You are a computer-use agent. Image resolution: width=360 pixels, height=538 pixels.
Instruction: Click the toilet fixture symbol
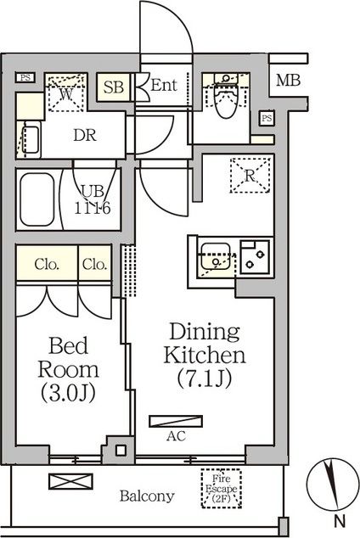point(226,95)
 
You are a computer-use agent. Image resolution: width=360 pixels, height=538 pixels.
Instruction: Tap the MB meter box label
point(289,81)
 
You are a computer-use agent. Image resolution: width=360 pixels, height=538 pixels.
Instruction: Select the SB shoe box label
point(113,87)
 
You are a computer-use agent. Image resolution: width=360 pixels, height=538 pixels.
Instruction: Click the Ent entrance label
point(164,85)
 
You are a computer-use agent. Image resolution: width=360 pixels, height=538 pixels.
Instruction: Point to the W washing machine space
point(66,92)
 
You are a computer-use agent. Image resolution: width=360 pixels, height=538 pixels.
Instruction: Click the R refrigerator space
point(250,176)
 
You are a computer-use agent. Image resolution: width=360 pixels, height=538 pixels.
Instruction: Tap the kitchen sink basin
point(216,256)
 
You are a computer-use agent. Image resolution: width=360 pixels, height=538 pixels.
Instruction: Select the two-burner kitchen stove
point(255,257)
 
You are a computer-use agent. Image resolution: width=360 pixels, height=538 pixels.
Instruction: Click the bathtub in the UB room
point(37,199)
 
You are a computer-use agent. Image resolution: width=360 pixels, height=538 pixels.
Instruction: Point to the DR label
point(85,136)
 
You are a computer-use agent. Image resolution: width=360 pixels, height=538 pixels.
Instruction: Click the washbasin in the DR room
point(31,139)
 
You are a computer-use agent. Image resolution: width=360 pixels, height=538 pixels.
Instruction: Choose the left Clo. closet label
point(47,264)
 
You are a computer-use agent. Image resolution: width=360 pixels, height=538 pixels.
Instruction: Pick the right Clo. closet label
point(95,264)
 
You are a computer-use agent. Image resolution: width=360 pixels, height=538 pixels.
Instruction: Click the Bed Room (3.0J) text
point(68,369)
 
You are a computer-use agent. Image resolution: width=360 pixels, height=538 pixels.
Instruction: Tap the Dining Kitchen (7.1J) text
point(205,355)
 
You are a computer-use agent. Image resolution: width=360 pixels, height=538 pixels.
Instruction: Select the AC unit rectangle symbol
point(176,422)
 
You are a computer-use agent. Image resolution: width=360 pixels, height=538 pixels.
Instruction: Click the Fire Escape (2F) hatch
point(222,488)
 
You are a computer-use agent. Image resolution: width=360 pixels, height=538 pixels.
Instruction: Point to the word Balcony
point(147,496)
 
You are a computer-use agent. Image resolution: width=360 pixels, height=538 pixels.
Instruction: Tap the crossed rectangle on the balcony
point(70,481)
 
